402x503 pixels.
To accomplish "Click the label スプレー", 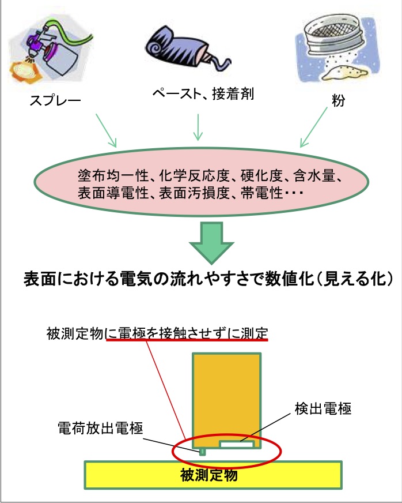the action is pos(55,101).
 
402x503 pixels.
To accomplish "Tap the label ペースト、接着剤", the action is pos(203,93).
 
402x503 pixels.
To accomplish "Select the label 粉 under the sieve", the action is pos(338,100).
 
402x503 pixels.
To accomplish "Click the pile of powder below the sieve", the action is pos(344,73).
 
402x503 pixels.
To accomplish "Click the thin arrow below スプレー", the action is pos(106,130).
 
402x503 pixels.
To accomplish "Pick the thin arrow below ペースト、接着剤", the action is pos(198,127).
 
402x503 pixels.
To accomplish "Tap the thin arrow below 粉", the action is pos(313,127).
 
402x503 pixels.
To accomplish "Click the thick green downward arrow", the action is pos(211,243).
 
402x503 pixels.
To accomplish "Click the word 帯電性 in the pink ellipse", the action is pos(261,193).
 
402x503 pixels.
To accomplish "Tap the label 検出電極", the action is pos(323,408).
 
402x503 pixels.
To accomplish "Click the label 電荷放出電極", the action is pos(100,428).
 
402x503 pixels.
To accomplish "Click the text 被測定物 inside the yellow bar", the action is pos(209,475).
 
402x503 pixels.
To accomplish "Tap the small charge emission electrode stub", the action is pos(202,452).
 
